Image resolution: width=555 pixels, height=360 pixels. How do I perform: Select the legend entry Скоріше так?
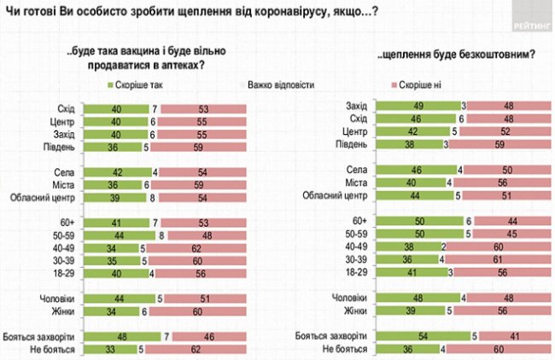[136, 85]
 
